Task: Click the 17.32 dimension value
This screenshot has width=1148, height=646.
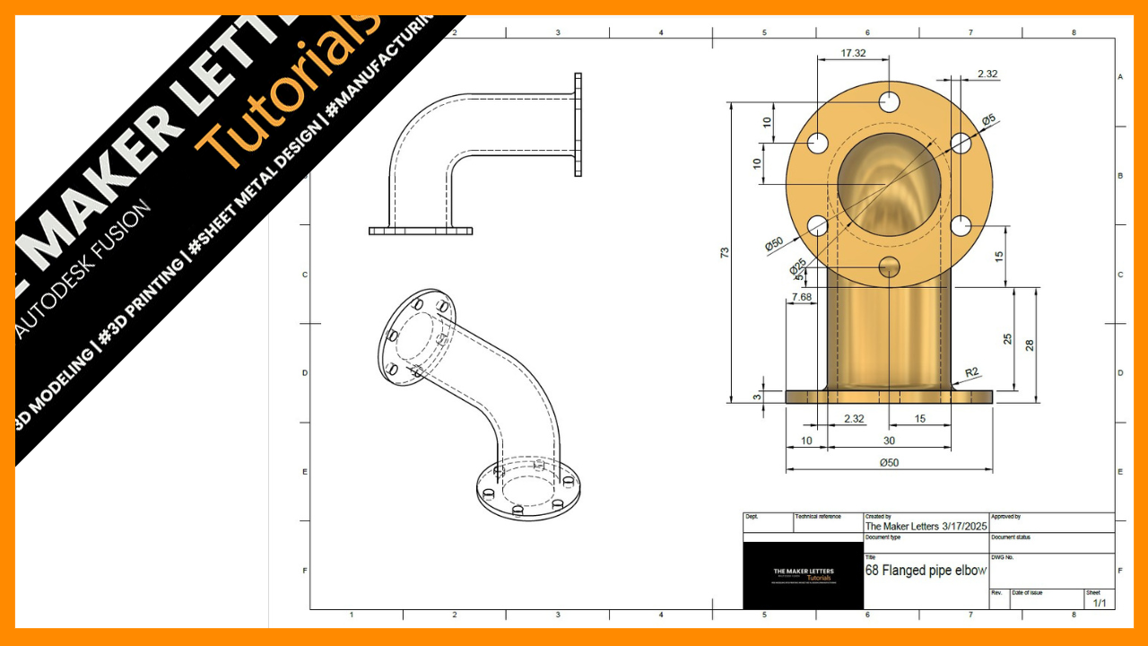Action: point(853,53)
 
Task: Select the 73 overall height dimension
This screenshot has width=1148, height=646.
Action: point(725,252)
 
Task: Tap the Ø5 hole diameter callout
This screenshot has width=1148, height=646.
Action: point(988,118)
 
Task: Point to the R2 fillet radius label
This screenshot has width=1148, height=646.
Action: point(971,371)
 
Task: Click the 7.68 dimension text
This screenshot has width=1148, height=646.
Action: point(801,296)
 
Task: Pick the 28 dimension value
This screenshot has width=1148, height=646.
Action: point(1030,345)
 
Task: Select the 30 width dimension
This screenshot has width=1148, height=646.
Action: point(889,441)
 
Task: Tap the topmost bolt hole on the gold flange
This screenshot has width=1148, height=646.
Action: point(889,100)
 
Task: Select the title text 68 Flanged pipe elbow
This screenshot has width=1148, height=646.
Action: point(926,570)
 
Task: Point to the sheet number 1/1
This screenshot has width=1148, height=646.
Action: point(1099,603)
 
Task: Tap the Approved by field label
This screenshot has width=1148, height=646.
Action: point(1005,517)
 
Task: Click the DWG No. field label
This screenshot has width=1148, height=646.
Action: point(1002,557)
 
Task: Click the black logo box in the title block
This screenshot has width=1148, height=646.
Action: point(803,575)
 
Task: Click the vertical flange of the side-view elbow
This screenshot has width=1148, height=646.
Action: point(578,124)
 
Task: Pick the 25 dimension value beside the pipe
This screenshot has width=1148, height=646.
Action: point(1008,339)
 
